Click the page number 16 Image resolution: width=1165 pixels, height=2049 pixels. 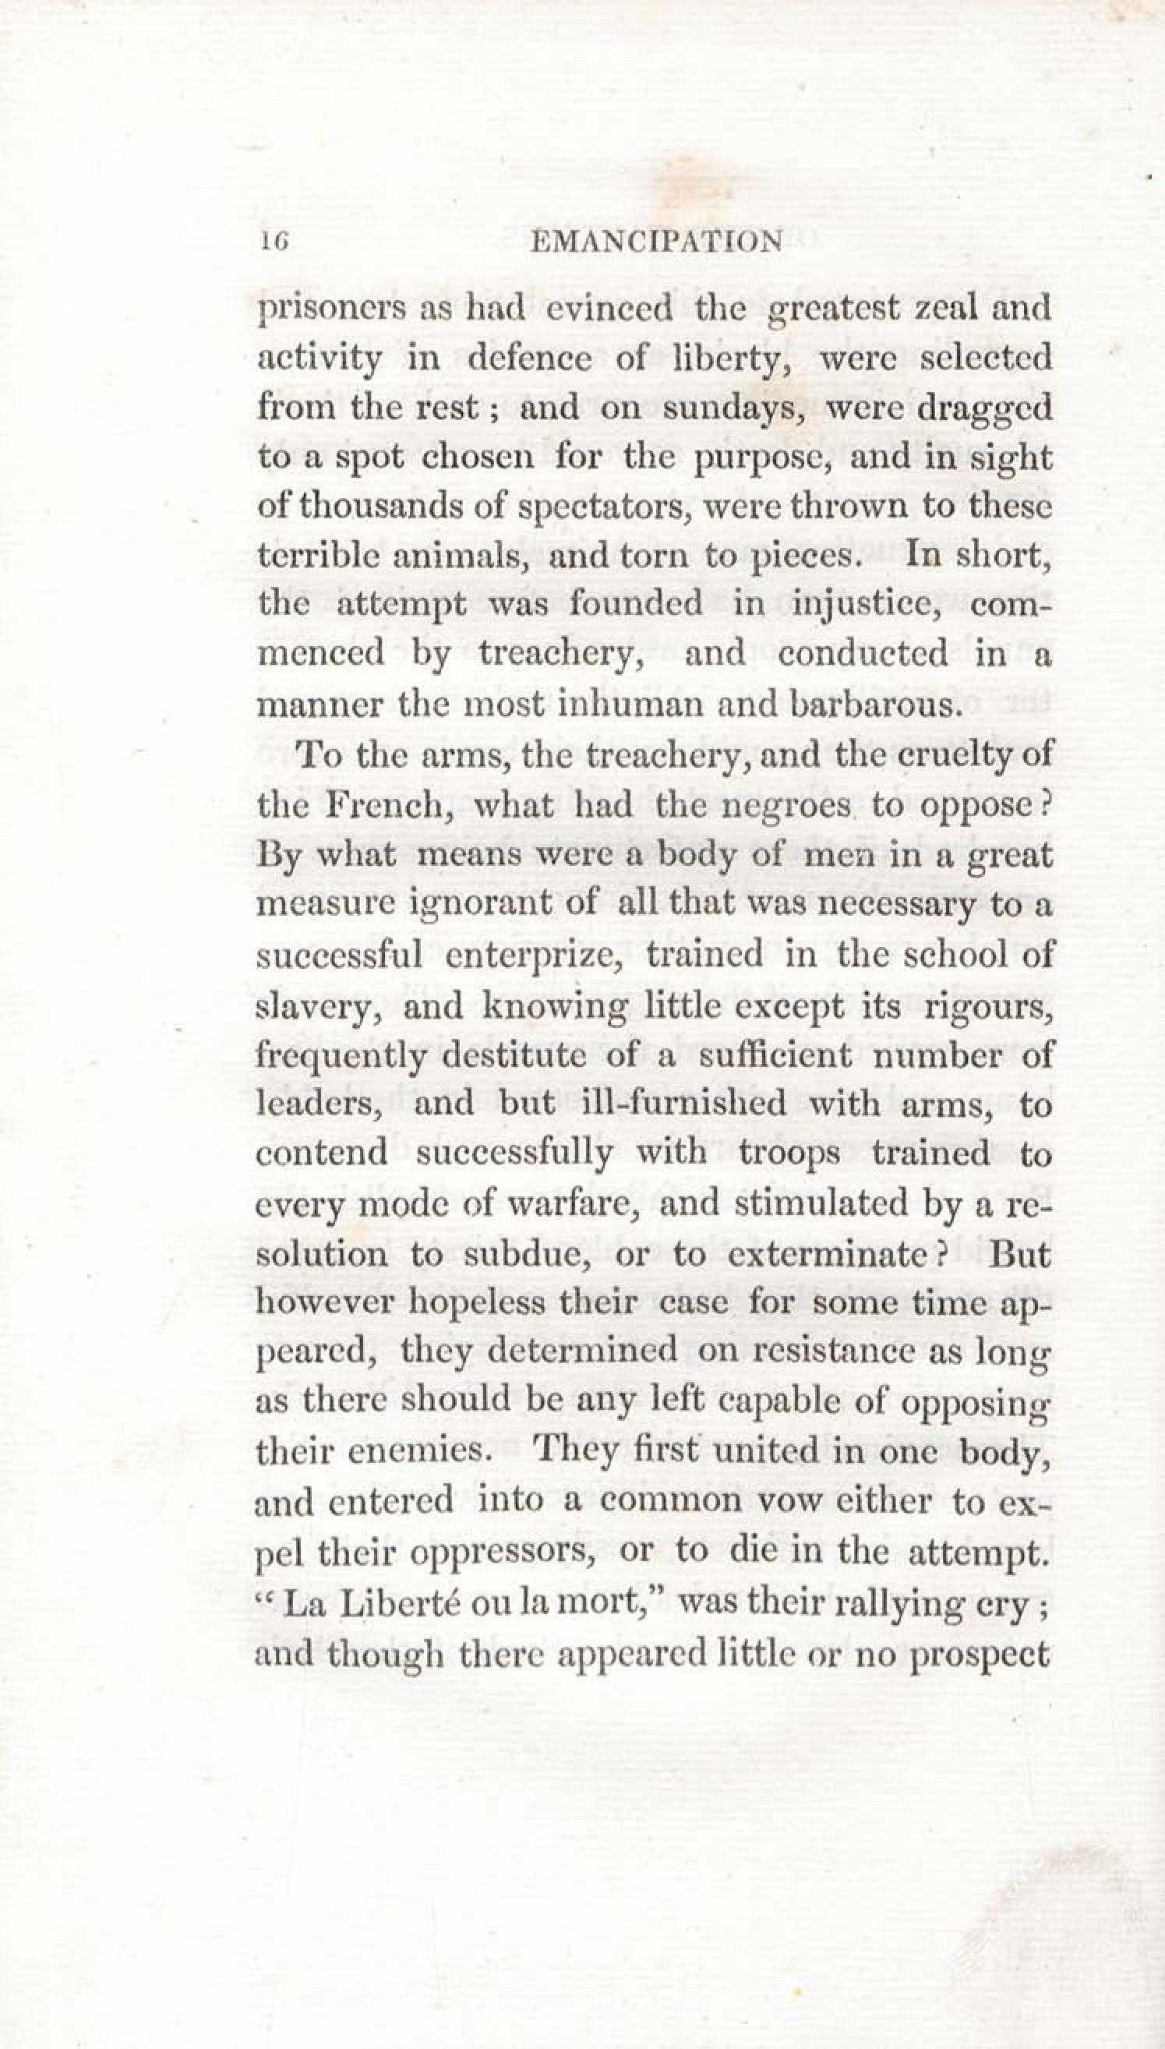pos(273,242)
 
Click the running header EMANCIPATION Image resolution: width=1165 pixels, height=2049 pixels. pos(657,242)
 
